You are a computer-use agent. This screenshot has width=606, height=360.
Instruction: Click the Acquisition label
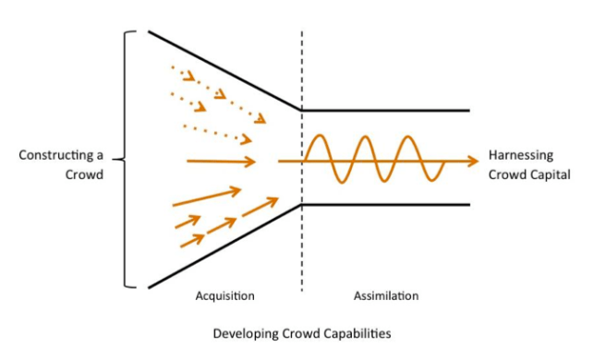tap(224, 296)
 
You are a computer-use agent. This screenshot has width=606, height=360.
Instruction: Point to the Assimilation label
tap(386, 296)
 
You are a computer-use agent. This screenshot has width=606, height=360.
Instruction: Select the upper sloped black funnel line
tap(222, 70)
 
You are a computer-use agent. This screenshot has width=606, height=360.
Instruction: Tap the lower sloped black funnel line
tap(222, 246)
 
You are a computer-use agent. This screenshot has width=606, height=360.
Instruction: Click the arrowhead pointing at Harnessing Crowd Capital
tap(473, 162)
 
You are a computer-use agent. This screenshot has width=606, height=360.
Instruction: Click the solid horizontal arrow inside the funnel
tap(222, 162)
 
